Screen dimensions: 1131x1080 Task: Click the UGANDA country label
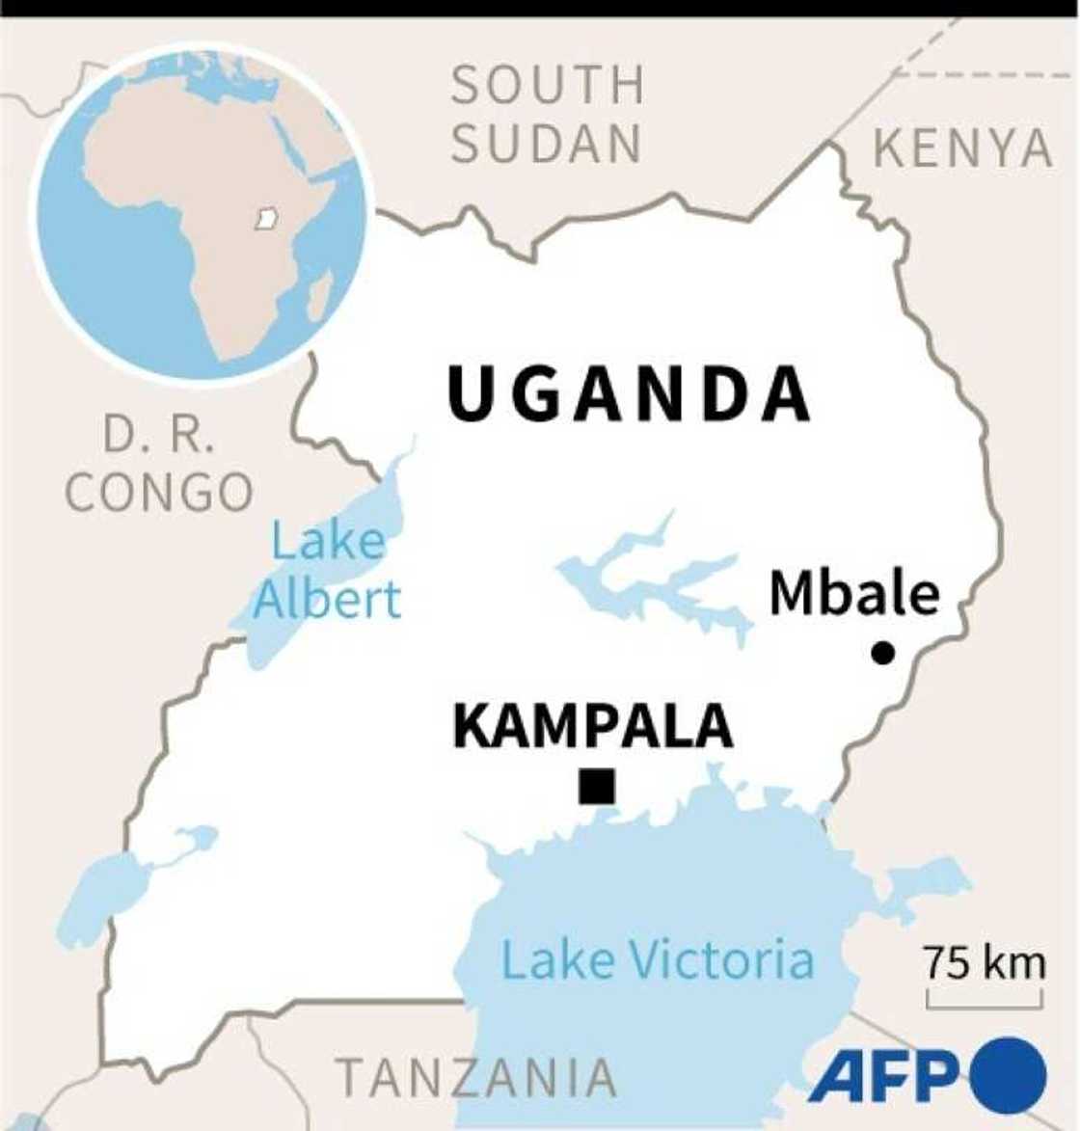(629, 395)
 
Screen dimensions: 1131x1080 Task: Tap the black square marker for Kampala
(597, 786)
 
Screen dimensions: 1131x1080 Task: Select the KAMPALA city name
(592, 726)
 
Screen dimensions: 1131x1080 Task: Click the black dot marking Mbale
(882, 653)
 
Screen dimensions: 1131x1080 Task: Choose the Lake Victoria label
(658, 960)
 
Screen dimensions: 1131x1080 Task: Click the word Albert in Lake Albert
(326, 600)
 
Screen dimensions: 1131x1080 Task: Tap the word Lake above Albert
(328, 540)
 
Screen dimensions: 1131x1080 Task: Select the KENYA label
(962, 148)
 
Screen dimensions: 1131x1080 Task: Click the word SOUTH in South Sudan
(548, 85)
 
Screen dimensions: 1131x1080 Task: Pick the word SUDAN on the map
(546, 145)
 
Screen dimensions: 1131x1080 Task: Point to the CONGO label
(159, 493)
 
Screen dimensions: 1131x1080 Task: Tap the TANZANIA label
(476, 1077)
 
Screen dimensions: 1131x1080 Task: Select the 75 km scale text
(984, 962)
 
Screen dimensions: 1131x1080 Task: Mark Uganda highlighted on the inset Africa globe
(265, 219)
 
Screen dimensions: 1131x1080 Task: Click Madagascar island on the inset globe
(321, 294)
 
